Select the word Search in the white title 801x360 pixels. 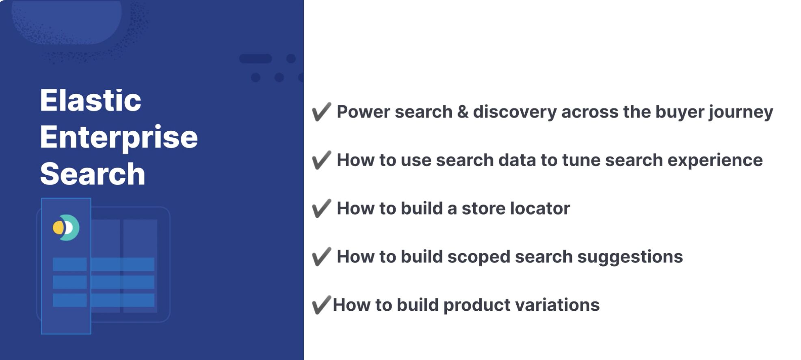[x=93, y=173]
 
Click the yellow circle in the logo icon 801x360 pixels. [x=58, y=228]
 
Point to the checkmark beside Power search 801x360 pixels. [x=321, y=112]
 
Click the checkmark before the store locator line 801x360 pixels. [x=321, y=208]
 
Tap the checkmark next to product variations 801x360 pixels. [x=321, y=305]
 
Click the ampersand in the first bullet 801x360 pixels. [x=463, y=112]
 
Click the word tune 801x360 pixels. [x=581, y=160]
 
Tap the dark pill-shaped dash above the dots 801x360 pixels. [x=255, y=59]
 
